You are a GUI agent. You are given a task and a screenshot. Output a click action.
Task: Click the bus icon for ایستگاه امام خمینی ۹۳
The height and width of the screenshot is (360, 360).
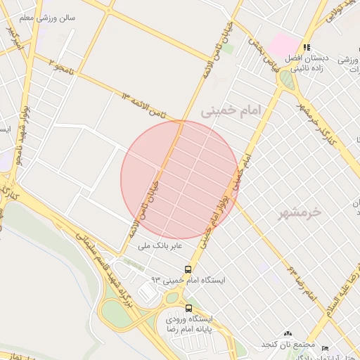click(188, 269)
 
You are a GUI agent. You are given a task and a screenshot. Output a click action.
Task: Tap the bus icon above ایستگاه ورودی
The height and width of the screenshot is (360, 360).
click(188, 307)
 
